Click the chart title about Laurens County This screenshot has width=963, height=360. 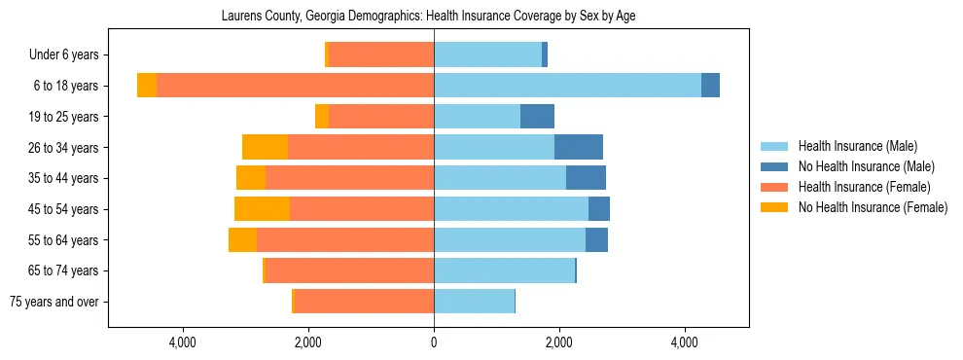428,17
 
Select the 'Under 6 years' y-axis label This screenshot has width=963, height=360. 69,55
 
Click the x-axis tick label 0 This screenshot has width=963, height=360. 434,342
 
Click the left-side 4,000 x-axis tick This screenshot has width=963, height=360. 183,342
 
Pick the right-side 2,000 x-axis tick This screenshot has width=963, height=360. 559,342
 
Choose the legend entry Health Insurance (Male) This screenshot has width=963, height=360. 857,146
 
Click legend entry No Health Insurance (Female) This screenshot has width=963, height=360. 873,207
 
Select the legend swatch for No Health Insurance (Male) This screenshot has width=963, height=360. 775,166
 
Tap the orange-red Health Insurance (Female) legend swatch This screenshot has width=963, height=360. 775,187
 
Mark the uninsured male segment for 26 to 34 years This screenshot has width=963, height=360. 579,147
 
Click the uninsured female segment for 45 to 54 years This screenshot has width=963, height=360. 262,209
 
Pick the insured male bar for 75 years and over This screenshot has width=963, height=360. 474,302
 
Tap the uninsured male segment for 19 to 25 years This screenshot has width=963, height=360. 537,117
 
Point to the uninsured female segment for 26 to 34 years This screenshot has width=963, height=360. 265,147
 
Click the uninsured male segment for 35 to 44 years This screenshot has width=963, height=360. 586,178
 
